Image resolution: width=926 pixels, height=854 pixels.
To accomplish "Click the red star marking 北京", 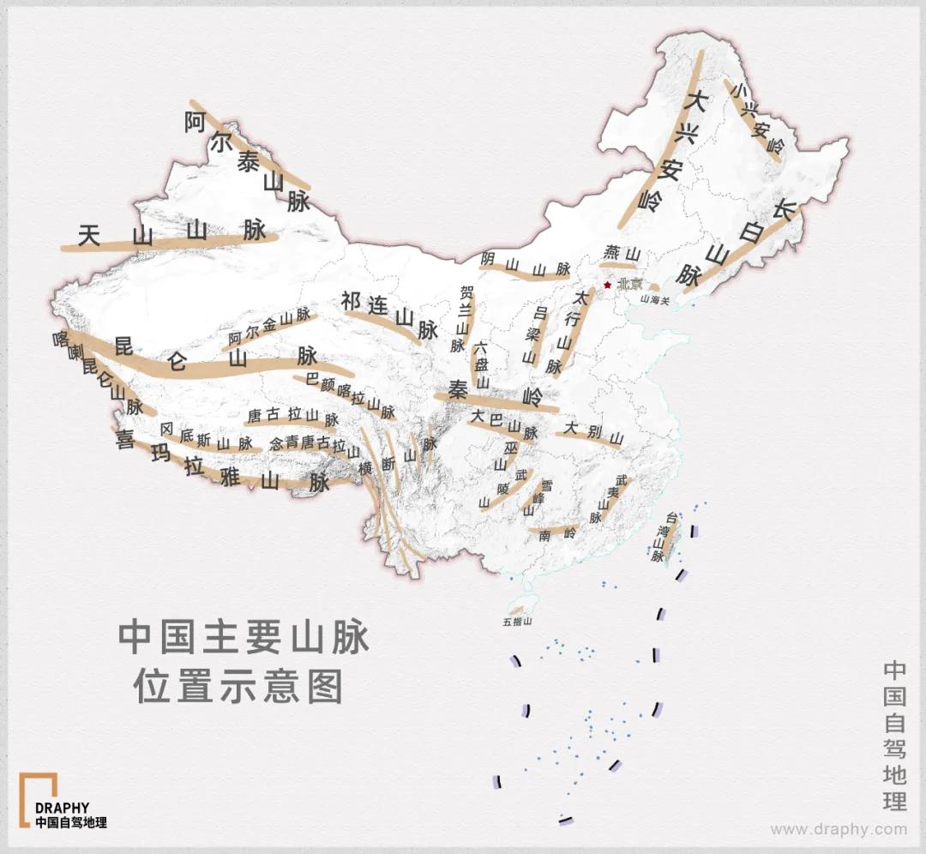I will click(x=608, y=285).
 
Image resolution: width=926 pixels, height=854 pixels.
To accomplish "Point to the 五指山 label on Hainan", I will click(x=518, y=621).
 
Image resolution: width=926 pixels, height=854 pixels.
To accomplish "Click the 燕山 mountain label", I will click(x=622, y=253).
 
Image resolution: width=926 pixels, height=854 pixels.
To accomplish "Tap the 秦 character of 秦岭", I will click(x=456, y=391).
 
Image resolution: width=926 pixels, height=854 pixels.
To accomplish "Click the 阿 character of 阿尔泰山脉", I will click(x=195, y=123).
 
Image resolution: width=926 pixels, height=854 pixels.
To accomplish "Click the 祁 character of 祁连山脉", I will click(x=351, y=301).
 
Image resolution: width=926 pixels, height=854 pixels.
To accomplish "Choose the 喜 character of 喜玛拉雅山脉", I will click(x=127, y=440).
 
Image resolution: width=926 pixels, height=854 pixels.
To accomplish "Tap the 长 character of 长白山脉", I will click(x=785, y=210).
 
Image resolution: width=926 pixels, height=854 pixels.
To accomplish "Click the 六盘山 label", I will click(x=481, y=365).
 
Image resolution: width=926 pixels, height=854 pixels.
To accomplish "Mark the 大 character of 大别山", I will click(x=572, y=426).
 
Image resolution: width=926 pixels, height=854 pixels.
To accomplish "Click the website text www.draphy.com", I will click(x=838, y=829).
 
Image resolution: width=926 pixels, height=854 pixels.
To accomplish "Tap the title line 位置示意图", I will click(x=238, y=686).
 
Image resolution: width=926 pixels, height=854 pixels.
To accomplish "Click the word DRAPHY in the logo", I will click(x=62, y=808).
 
